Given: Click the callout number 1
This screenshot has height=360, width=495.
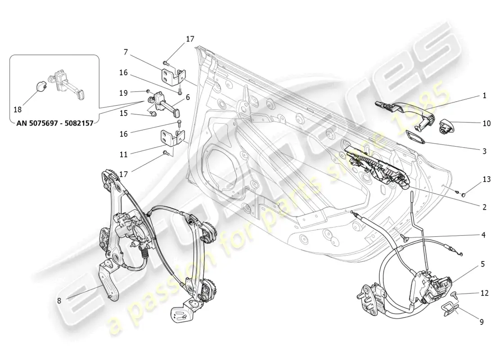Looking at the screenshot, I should [484, 95].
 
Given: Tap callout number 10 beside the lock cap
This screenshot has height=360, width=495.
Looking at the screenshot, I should [486, 123].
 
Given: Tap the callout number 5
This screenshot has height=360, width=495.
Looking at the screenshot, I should [483, 264].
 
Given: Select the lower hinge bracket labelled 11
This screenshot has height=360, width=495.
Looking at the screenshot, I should [173, 137].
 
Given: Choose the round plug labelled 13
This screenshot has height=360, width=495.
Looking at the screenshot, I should [464, 194].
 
